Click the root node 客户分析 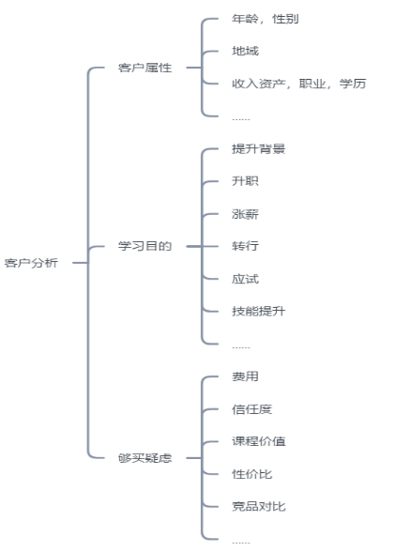(31, 263)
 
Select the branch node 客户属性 (145, 68)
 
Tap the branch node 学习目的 (145, 246)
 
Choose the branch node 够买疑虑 (145, 458)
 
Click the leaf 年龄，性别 (266, 19)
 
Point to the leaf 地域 (245, 51)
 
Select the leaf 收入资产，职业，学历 (298, 84)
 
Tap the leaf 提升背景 (259, 149)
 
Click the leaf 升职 (245, 181)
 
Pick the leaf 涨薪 (245, 214)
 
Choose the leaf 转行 (245, 246)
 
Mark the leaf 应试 (245, 279)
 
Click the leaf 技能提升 (259, 312)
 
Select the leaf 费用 (245, 376)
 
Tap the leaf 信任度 (252, 409)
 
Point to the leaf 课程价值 (259, 441)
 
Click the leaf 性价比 (252, 474)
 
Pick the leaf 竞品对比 (259, 507)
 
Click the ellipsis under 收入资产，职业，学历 (241, 119)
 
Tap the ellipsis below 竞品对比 (241, 543)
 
